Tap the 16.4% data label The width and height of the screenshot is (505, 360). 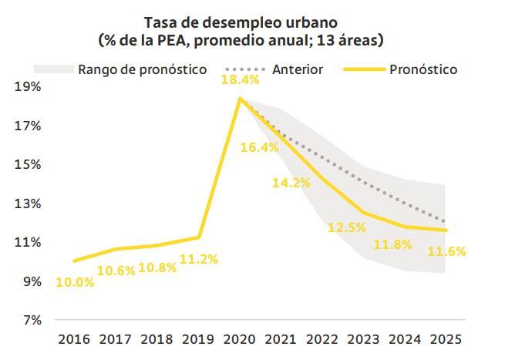point(259,147)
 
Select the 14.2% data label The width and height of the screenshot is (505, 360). point(291,183)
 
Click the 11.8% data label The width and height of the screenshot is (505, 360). point(392,244)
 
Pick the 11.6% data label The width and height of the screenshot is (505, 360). point(446,251)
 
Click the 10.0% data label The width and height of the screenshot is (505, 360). point(75,282)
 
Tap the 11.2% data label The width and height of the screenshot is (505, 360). point(198,259)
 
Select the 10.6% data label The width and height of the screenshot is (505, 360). point(116,270)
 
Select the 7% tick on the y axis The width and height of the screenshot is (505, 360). point(30,320)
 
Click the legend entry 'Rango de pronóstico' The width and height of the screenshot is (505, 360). point(142,69)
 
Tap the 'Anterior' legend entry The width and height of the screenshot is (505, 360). point(297,69)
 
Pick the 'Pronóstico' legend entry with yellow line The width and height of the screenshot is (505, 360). point(423,69)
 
